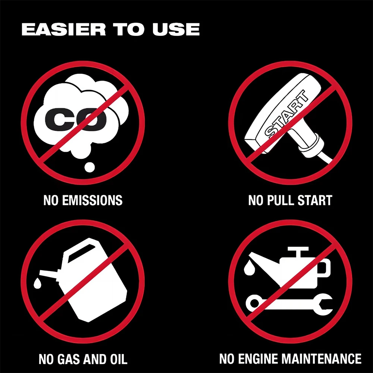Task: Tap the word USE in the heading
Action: [x=176, y=29]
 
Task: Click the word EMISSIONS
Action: [x=92, y=200]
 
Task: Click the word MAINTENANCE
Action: [x=323, y=359]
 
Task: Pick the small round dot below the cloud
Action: [x=90, y=167]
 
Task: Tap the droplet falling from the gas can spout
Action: [x=37, y=283]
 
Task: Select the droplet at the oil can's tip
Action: [x=249, y=267]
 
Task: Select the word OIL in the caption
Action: [x=119, y=359]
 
